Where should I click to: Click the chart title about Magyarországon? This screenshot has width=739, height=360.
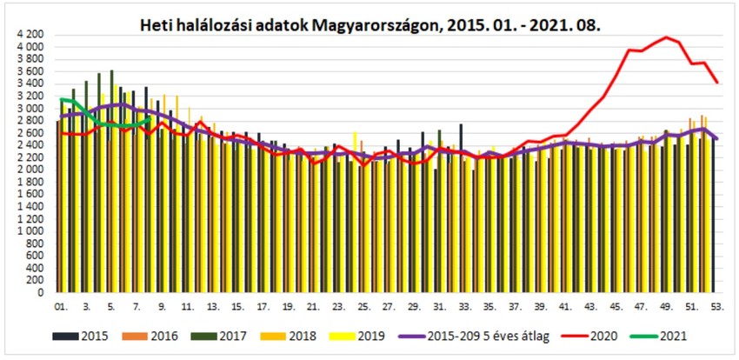click(x=370, y=27)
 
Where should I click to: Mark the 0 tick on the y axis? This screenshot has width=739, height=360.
click(x=40, y=293)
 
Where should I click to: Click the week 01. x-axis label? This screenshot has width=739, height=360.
click(x=61, y=307)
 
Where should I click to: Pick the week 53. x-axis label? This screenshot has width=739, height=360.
click(x=717, y=307)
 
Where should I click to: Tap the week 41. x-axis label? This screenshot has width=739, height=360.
click(x=566, y=307)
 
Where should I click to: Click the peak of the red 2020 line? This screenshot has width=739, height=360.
click(x=666, y=37)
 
